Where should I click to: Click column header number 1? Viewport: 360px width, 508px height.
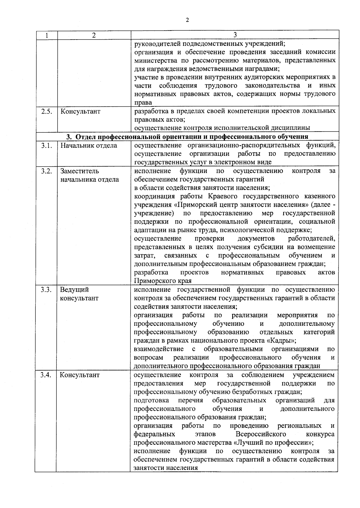46,35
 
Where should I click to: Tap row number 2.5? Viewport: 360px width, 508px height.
46,111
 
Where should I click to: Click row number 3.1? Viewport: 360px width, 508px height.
46,146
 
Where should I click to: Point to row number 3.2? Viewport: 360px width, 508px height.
46,171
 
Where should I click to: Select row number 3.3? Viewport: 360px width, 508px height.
46,290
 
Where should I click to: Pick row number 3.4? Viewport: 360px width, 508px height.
46,375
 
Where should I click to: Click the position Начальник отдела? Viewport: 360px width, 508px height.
89,146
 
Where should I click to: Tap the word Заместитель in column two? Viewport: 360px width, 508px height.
79,171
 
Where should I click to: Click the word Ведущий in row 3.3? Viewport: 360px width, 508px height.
74,290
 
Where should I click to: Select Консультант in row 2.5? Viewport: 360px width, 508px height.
80,111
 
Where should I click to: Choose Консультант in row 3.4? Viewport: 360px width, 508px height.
79,375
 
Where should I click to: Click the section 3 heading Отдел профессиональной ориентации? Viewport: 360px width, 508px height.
187,137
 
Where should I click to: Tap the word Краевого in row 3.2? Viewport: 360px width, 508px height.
221,196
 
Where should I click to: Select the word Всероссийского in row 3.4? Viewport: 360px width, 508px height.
261,434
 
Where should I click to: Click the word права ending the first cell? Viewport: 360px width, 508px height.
143,103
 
